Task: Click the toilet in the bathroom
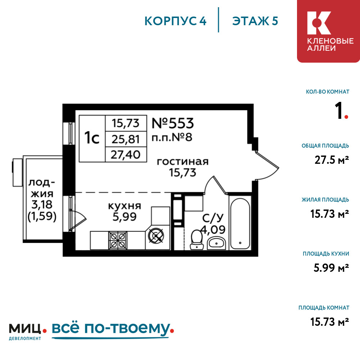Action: (x=197, y=239)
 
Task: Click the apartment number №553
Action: (x=173, y=123)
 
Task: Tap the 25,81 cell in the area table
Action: (x=126, y=139)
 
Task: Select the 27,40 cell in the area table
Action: (x=126, y=155)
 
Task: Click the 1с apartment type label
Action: (x=92, y=138)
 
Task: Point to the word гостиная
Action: (x=183, y=162)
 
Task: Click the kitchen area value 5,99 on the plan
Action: (x=125, y=217)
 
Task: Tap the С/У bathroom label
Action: (x=211, y=218)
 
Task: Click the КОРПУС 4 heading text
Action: (x=175, y=21)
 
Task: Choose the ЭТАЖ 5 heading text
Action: (x=255, y=21)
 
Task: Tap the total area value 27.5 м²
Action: (x=331, y=160)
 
